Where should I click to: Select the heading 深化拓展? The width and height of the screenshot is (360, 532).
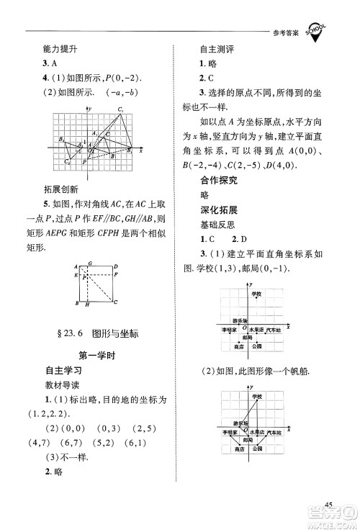click(220, 230)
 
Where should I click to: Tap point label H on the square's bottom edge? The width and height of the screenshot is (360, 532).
click(86, 306)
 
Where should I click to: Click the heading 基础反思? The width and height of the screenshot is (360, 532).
click(220, 245)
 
